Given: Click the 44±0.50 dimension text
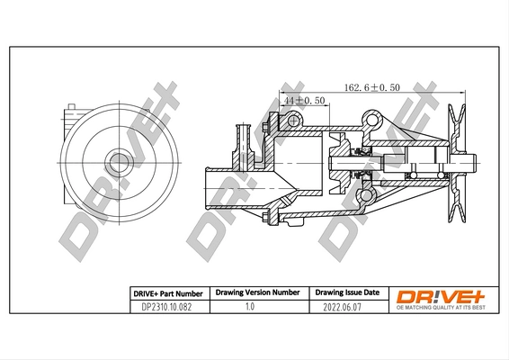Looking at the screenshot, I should tap(304, 101).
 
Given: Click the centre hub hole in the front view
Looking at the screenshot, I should tap(117, 163).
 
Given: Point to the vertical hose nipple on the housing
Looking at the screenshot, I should tap(240, 139).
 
